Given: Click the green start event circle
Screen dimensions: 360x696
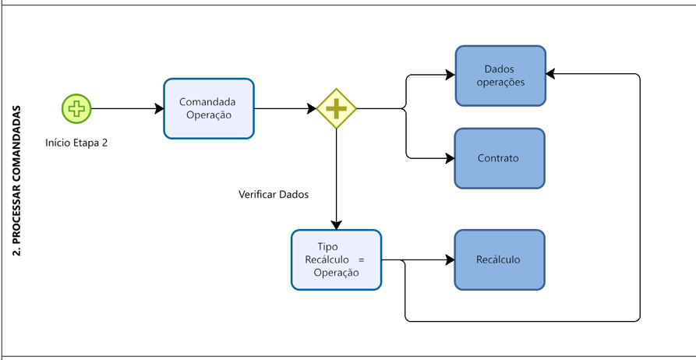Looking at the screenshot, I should tap(76, 108).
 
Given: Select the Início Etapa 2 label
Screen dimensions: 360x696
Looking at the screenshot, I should tap(76, 143).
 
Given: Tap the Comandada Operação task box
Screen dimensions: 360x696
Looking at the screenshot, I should tap(208, 108).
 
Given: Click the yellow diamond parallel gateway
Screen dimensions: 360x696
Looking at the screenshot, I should tap(336, 108).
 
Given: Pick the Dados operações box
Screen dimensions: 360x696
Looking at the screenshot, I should tap(500, 76).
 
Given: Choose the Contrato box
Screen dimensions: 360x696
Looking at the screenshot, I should tap(499, 158).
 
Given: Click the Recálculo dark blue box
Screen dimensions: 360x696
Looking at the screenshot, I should tap(499, 259).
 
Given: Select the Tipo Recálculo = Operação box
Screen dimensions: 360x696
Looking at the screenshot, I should tap(336, 259).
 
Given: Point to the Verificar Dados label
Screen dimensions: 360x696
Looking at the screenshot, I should tap(274, 194).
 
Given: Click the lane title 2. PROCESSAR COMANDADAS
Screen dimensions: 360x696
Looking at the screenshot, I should tap(18, 180).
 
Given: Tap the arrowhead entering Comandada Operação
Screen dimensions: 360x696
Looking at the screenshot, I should tap(159, 108).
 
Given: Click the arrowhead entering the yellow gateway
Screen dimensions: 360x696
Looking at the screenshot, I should tap(312, 108).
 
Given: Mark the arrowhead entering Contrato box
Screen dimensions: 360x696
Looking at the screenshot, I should tap(450, 158).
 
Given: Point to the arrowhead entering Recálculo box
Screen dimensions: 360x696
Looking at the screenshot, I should tap(450, 259).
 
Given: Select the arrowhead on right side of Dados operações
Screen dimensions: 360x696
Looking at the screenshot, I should tap(551, 74).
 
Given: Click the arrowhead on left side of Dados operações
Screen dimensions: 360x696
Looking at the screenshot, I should tap(450, 75).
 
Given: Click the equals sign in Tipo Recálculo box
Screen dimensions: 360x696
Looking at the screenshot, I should tap(361, 259).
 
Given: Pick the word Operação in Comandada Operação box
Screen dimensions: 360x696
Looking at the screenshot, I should tap(208, 115).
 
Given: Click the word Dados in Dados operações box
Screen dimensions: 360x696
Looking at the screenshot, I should tap(499, 69).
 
